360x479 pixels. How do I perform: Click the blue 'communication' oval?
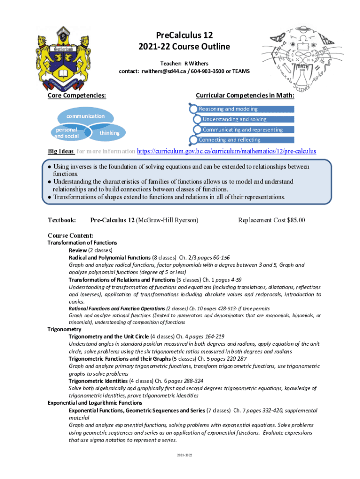[85, 116]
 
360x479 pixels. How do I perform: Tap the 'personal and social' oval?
[66, 133]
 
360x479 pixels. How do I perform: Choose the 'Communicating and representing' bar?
[242, 130]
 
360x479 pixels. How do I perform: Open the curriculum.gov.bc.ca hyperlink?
[226, 152]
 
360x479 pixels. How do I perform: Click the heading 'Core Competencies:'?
[77, 95]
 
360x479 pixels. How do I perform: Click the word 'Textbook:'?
[62, 220]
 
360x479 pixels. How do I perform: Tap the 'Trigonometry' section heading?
[64, 329]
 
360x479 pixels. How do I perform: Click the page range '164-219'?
[214, 336]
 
